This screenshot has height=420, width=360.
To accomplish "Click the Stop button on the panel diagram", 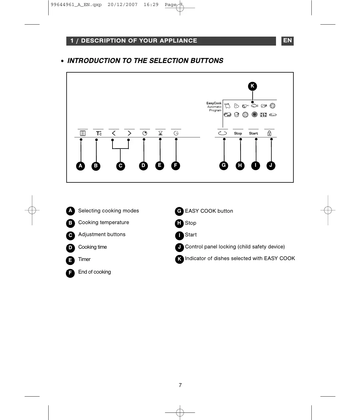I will (238, 133).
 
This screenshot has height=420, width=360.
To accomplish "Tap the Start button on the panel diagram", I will (253, 133).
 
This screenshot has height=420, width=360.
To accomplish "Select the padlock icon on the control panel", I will (269, 133).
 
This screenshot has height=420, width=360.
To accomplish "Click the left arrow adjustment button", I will (114, 133).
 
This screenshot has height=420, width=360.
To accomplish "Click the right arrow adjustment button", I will (129, 133).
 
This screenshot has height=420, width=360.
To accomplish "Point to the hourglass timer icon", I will (160, 133).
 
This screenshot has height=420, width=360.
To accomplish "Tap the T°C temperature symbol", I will (99, 133).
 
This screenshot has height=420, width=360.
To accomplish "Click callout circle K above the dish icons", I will (252, 86).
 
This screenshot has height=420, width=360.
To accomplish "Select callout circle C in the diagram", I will (120, 166).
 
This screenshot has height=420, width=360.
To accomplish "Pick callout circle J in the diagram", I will (271, 165).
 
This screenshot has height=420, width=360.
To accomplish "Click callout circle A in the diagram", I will (80, 166).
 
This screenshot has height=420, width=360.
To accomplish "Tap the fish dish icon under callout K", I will (254, 106).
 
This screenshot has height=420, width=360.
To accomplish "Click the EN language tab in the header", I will (287, 40).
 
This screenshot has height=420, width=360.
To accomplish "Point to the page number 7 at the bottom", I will (180, 385).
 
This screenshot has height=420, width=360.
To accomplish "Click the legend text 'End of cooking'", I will (94, 272).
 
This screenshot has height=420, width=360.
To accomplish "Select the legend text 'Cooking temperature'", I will (103, 223).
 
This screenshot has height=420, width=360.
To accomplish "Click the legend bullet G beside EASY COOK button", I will (179, 211).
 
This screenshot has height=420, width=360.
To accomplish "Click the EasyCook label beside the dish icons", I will (214, 103).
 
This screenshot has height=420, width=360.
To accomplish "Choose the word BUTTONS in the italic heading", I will (207, 61).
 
